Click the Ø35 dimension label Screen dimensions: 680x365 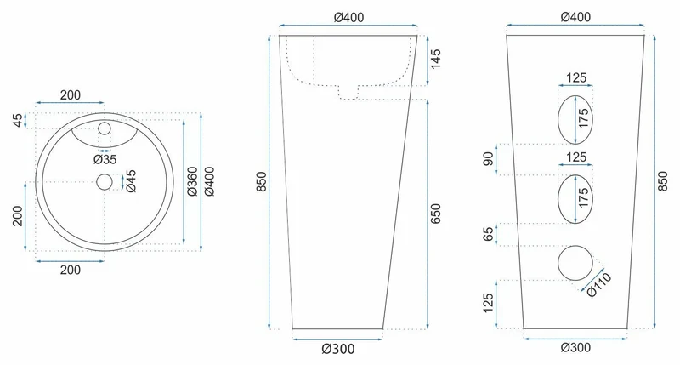coord(105,159)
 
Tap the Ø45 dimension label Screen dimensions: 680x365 coord(131,181)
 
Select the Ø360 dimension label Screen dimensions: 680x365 coord(192,181)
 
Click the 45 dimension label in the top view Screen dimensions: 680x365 coord(18,120)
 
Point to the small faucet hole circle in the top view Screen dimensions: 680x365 coord(105,128)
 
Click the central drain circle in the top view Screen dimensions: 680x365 coord(105,182)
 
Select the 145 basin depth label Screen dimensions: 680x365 coord(435,59)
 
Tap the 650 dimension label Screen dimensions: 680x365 coord(435,214)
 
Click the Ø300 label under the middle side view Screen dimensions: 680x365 coord(337,349)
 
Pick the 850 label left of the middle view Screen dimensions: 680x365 coord(262,182)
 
